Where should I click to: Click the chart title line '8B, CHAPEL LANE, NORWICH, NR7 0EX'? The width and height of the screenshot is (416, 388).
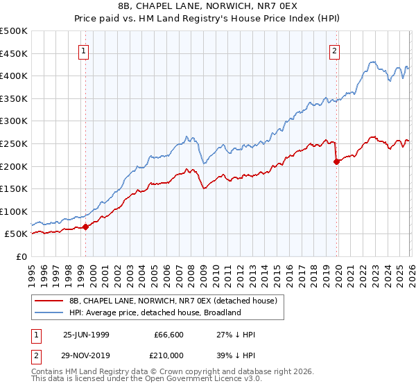pos(208,8)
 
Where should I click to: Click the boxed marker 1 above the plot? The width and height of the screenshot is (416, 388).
pos(84,50)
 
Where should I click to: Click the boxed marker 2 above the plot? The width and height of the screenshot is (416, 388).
pos(335,50)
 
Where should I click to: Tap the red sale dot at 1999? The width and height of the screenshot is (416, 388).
pos(86,227)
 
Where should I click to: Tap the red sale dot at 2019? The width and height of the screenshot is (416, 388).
pos(336,161)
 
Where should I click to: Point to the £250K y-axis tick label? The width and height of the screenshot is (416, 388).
pos(14,143)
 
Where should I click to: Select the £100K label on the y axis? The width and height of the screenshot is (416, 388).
pos(14,211)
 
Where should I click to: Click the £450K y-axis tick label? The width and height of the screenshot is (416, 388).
pos(14,53)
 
